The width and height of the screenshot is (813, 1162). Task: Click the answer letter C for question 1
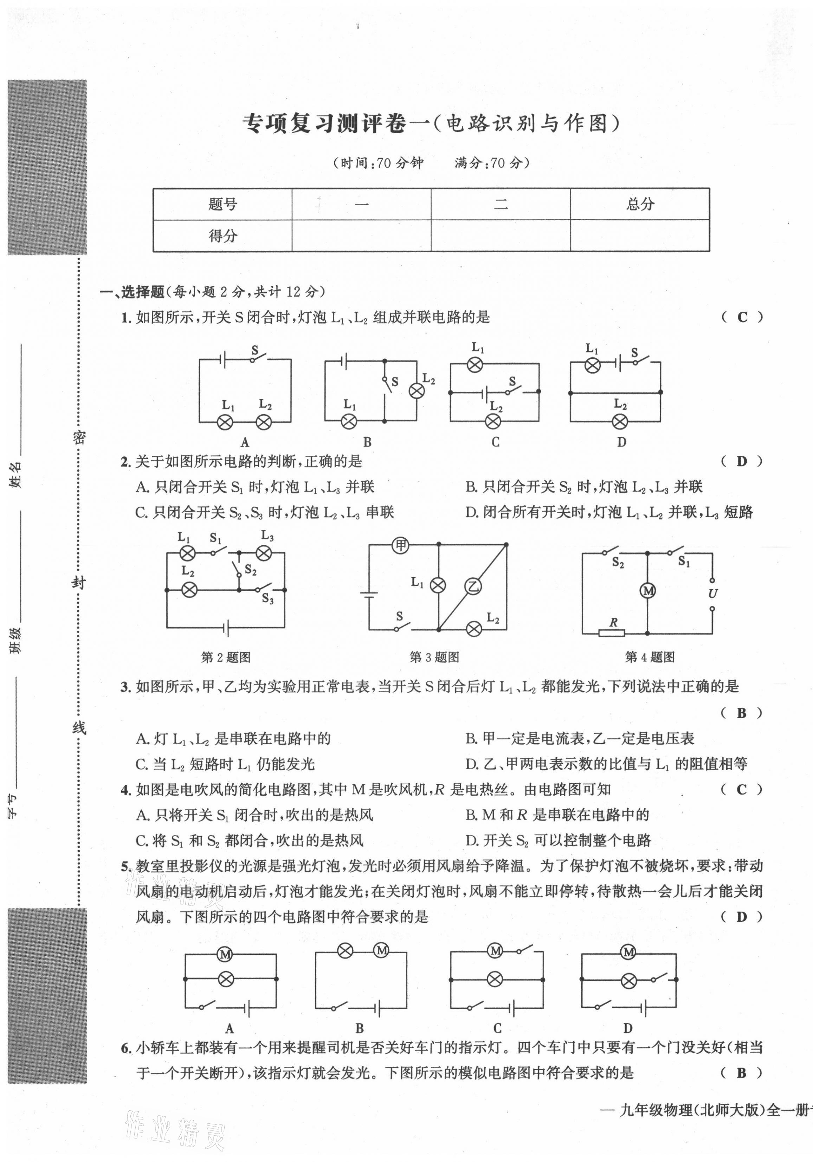[x=742, y=317]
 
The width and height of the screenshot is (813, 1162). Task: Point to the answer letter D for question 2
[x=742, y=461]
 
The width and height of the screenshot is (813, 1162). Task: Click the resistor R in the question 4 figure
[x=612, y=632]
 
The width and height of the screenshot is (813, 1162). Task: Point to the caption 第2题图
[x=226, y=657]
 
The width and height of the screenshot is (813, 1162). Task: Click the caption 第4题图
[x=650, y=657]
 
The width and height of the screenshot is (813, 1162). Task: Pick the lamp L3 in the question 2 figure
[x=264, y=553]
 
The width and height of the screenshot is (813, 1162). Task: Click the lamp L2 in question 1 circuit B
[x=417, y=391]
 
